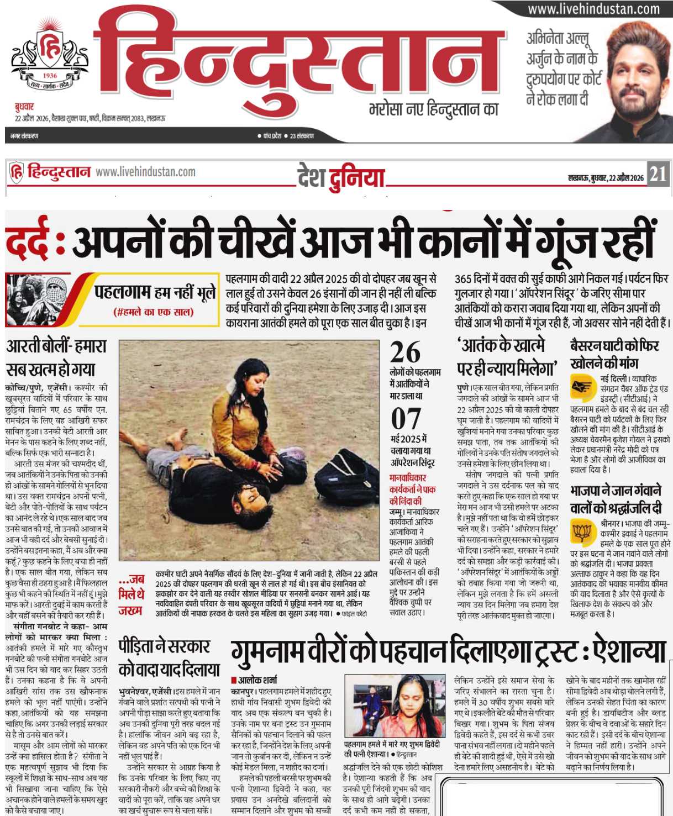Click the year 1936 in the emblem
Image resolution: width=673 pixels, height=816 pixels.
[50, 76]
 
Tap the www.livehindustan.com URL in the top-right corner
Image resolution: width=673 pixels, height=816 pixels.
[593, 9]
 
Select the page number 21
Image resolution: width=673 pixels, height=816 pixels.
[658, 175]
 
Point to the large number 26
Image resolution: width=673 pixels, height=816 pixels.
[405, 352]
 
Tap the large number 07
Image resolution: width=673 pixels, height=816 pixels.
[406, 419]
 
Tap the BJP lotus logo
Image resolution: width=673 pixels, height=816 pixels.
[582, 532]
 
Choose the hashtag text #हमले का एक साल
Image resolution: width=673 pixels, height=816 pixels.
[153, 312]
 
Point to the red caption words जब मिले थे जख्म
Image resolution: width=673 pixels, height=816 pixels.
[131, 594]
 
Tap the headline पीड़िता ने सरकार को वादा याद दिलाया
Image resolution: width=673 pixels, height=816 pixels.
[169, 657]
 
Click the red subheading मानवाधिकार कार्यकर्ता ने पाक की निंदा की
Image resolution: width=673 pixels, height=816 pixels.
[413, 489]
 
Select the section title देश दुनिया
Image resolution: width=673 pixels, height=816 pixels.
[340, 178]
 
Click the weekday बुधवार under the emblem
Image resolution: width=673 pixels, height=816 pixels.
[24, 107]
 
